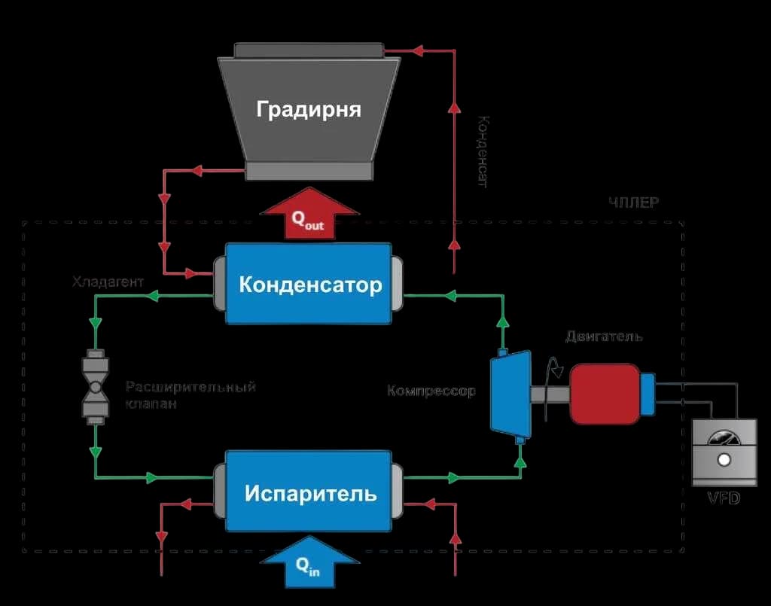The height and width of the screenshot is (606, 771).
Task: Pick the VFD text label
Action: tap(724, 498)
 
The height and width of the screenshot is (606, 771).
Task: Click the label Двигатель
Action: tap(605, 336)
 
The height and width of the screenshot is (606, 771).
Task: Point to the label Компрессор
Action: tap(431, 391)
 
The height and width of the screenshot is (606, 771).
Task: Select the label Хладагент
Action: tap(108, 283)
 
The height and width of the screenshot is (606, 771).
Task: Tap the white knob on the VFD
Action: tap(724, 460)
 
